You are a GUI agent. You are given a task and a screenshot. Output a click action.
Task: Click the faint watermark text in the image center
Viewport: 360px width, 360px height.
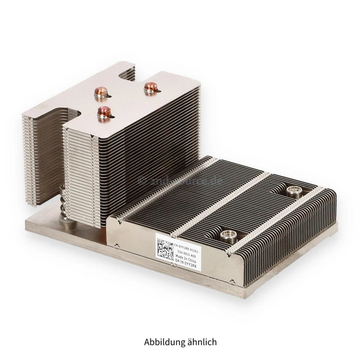(180, 181)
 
